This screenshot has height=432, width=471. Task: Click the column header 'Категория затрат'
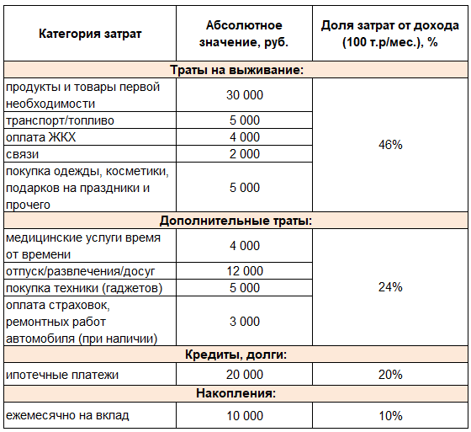90,34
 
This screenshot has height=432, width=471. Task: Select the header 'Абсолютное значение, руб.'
244,34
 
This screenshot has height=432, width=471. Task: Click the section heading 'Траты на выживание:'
235,70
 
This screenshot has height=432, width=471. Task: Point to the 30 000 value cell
244,95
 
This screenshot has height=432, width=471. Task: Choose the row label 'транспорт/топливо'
60,120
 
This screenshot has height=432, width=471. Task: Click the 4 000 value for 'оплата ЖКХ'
244,137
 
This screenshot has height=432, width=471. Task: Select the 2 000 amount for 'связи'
244,154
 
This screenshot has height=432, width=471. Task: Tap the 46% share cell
390,145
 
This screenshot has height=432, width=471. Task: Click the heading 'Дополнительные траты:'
235,221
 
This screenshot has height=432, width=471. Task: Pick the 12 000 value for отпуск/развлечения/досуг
244,271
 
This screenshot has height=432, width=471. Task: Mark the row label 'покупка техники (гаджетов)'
83,288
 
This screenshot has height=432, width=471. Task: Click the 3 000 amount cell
244,322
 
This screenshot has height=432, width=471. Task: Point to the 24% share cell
390,287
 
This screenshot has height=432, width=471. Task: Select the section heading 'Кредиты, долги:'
235,355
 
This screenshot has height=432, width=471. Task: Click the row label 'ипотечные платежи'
62,374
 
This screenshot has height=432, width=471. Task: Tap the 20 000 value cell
244,374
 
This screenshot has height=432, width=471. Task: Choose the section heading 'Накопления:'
235,393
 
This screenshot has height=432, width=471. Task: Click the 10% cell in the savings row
390,416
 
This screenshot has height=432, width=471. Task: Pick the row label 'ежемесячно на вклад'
68,416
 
